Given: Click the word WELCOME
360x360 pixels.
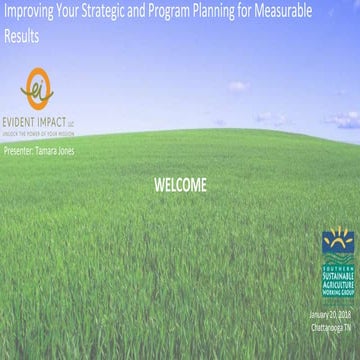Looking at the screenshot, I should click(181, 185).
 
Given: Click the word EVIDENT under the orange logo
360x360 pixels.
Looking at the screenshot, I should click(25, 116).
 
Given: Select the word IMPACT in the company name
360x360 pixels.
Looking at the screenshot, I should click(56, 116).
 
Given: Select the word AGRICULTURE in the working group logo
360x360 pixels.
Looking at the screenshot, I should click(336, 277).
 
